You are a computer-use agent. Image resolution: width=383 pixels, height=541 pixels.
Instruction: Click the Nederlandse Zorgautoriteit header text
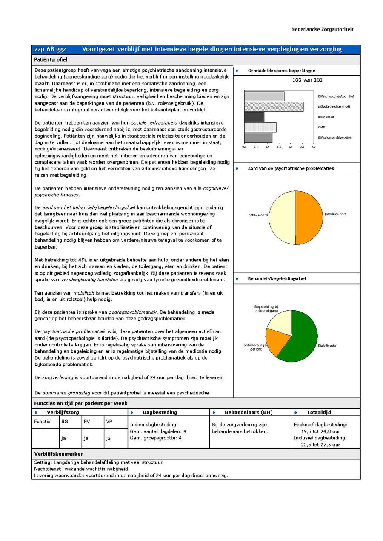coord(322,30)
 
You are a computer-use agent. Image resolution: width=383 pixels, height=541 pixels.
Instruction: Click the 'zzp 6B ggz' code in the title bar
coord(50,49)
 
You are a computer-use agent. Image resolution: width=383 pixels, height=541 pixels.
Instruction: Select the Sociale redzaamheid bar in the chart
coord(274,107)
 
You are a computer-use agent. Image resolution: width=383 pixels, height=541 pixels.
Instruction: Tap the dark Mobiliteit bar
coord(254,117)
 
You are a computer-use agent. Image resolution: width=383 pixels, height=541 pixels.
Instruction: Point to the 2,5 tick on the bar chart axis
coord(302,147)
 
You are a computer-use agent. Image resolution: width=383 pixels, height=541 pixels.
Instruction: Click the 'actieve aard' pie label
coord(258,215)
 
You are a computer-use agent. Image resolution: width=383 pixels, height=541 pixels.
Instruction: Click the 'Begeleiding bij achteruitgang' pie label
coord(266,309)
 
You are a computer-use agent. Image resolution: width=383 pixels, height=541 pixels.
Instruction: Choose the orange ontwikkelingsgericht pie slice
coord(275,341)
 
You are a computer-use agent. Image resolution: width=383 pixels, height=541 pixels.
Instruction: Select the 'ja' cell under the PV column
coord(86,438)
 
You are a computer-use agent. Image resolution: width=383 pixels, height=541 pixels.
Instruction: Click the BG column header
coord(65,422)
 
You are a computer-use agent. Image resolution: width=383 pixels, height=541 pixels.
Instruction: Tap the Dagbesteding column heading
coord(160,412)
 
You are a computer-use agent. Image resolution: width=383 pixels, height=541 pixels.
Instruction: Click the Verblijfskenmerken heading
coord(59,454)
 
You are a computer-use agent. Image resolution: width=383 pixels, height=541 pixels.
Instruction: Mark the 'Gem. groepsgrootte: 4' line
coord(156,438)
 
